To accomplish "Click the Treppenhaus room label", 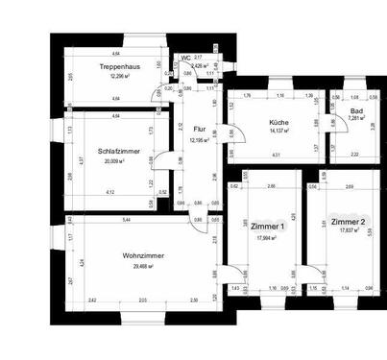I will (x=119, y=65).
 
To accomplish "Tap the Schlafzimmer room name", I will (x=118, y=152).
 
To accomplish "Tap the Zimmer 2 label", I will (x=348, y=223).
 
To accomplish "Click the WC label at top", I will (x=184, y=58).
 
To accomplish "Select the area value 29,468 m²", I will (x=142, y=267).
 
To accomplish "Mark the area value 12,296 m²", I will (x=119, y=76).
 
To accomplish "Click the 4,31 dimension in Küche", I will (x=276, y=155).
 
